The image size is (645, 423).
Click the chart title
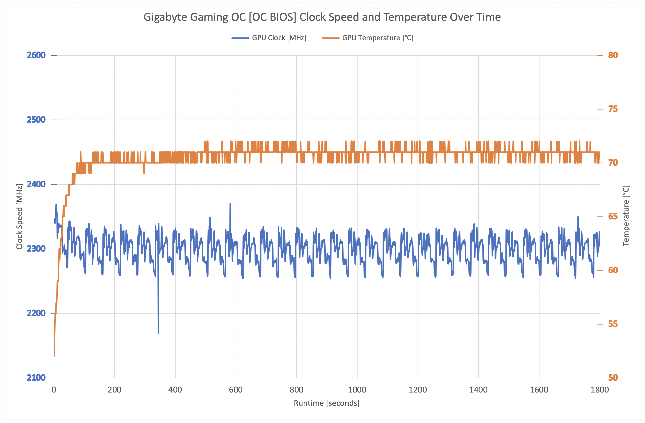tap(322, 17)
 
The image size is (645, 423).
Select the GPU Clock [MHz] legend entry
tap(279, 38)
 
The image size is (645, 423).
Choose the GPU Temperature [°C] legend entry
tap(378, 38)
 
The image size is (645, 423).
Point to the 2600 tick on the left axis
tap(36, 55)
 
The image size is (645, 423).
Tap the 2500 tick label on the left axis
tap(36, 120)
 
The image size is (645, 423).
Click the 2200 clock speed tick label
tap(36, 313)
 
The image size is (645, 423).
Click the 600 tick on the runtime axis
tap(236, 390)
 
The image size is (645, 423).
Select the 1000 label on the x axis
tap(357, 390)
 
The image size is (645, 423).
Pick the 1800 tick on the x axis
tap(599, 390)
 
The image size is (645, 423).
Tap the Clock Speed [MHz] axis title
tap(19, 217)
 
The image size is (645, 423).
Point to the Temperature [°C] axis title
tap(626, 216)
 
